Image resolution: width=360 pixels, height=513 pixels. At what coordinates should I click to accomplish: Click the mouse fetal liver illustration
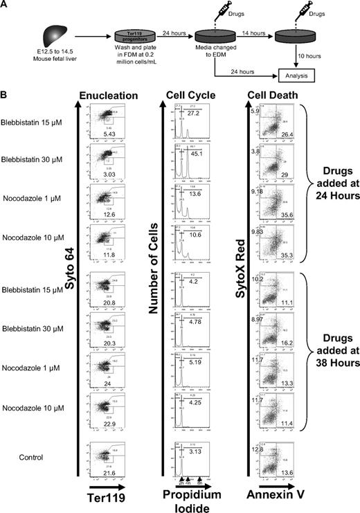pyautogui.click(x=46, y=33)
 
